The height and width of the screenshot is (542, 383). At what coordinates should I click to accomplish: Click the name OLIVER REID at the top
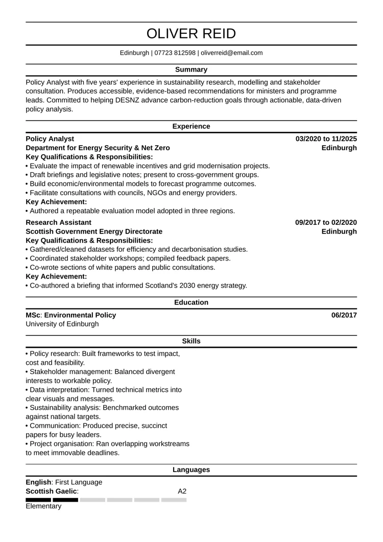[191, 34]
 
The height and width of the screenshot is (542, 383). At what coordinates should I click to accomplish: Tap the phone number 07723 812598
[175, 53]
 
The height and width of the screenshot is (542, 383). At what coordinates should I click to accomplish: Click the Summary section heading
[191, 69]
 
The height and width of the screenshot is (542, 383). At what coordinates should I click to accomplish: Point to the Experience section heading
[191, 126]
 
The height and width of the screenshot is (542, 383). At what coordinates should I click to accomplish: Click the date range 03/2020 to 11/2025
[326, 139]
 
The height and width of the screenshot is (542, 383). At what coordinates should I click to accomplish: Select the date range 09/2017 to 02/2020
[326, 223]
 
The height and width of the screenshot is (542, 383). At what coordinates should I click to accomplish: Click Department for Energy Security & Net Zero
[98, 148]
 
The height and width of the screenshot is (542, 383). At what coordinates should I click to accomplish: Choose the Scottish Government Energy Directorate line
[94, 231]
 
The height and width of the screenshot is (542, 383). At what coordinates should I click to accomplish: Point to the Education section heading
[191, 302]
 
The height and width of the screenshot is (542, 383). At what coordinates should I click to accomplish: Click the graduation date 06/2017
[344, 315]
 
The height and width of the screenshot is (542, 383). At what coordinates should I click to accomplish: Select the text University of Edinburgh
[62, 324]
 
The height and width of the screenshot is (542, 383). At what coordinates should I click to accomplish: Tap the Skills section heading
[191, 341]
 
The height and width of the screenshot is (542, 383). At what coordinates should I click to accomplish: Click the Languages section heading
[191, 470]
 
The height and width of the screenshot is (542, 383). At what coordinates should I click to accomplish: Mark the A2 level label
[182, 491]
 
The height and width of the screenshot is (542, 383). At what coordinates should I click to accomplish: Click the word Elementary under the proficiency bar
[43, 506]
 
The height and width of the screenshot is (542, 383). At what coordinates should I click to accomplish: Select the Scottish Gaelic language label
[52, 491]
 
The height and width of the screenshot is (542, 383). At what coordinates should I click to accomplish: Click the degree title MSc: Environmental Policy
[71, 315]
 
